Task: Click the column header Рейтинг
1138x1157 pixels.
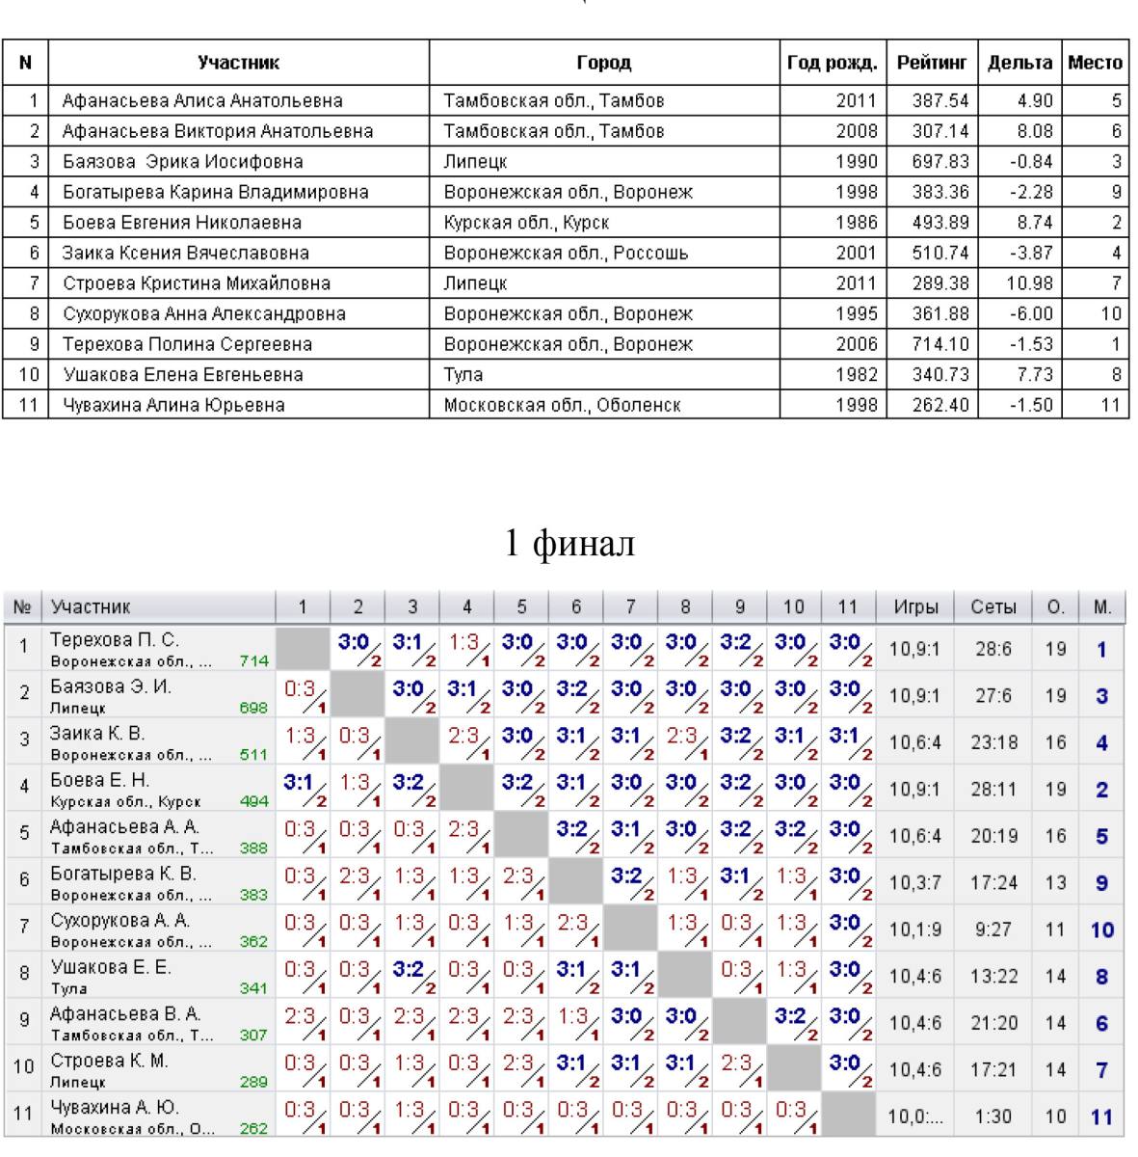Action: click(932, 63)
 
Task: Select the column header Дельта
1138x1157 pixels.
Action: click(1019, 63)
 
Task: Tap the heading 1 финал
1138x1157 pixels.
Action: click(569, 542)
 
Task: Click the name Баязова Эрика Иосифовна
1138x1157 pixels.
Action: click(183, 162)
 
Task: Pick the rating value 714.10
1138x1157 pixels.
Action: click(940, 344)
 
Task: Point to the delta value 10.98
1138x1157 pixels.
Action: click(1029, 283)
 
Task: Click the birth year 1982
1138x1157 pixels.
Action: click(857, 375)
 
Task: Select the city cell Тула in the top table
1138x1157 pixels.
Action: click(463, 375)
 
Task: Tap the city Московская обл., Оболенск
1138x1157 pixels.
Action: click(562, 405)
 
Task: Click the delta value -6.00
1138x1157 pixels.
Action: click(1031, 313)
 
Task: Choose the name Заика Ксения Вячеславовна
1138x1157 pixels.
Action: click(186, 253)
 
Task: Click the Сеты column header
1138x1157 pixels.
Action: click(993, 607)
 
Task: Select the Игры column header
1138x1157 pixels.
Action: click(915, 607)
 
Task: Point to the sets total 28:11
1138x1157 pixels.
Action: click(994, 790)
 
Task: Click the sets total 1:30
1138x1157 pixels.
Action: click(993, 1117)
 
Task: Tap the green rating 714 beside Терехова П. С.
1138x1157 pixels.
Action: click(253, 661)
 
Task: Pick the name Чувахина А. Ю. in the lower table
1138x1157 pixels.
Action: click(115, 1107)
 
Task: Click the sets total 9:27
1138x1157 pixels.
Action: click(993, 929)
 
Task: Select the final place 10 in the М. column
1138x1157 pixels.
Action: click(1102, 930)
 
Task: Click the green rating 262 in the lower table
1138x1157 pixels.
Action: click(253, 1129)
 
